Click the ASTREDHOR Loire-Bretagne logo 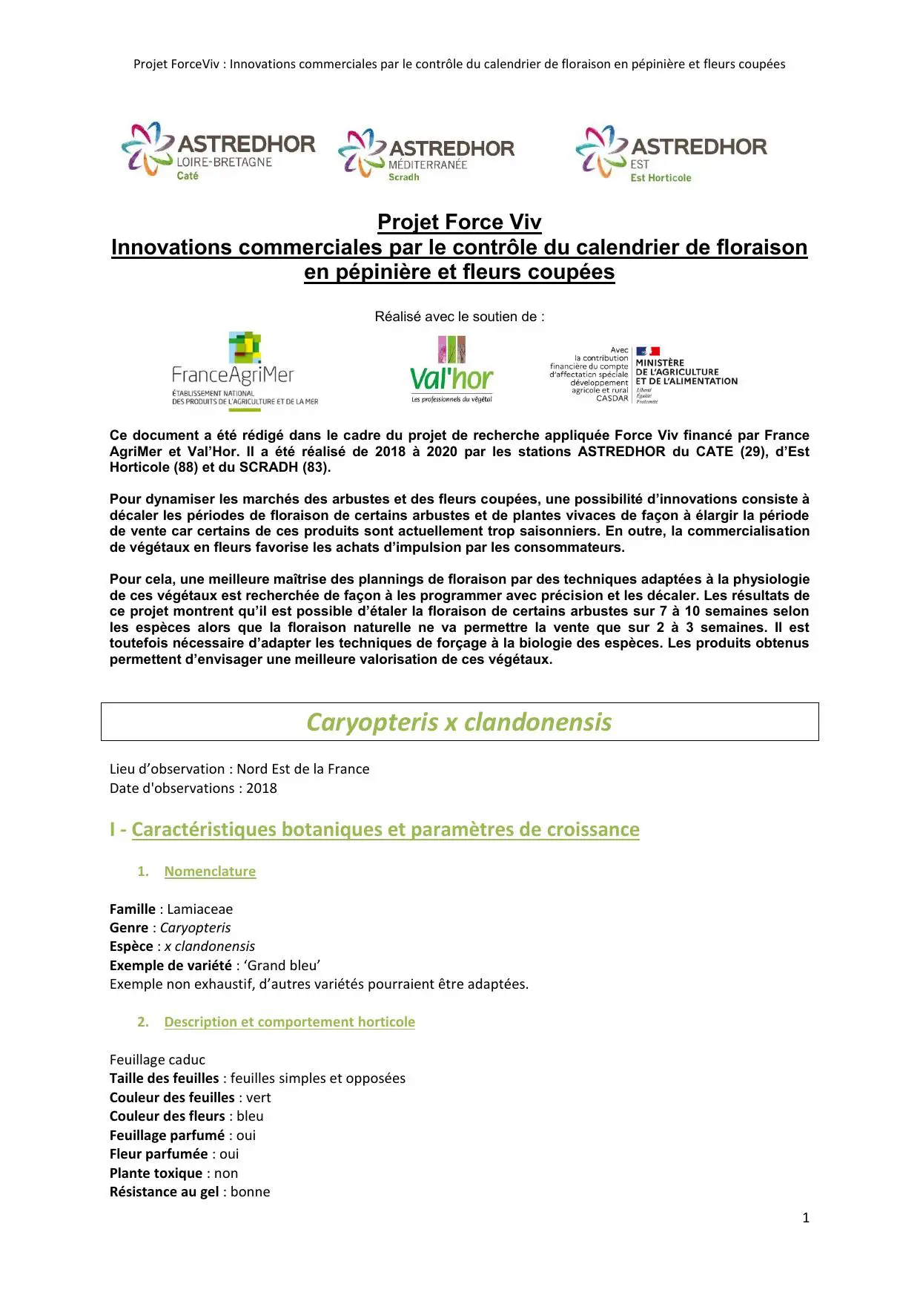click(x=218, y=151)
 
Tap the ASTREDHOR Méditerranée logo click(x=426, y=154)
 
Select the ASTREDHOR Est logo click(x=671, y=154)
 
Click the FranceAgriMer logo click(x=245, y=371)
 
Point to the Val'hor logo click(x=451, y=370)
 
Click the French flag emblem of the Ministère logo click(x=648, y=351)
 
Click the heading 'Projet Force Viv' click(x=459, y=222)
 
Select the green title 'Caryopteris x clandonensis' click(x=459, y=722)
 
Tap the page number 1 click(x=806, y=1217)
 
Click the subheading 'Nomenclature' click(x=210, y=872)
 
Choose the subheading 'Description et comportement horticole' click(x=289, y=1022)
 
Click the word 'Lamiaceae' click(x=199, y=909)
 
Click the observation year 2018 click(x=262, y=788)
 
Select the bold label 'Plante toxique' click(x=156, y=1173)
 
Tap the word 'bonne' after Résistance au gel click(x=250, y=1192)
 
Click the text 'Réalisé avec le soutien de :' click(x=459, y=317)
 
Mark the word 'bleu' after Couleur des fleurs click(x=250, y=1116)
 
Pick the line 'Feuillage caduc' click(x=157, y=1060)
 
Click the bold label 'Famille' click(x=133, y=909)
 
